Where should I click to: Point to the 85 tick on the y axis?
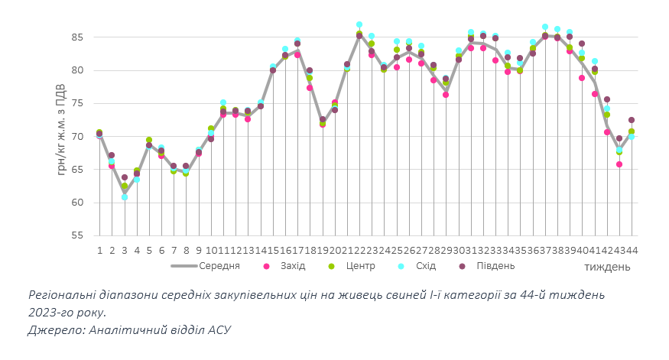click(x=77, y=37)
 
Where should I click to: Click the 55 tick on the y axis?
click(x=77, y=235)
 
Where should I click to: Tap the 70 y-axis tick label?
click(x=77, y=137)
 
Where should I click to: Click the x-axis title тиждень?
click(x=608, y=267)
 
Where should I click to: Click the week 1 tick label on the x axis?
click(x=99, y=250)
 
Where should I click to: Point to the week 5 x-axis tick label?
click(x=149, y=250)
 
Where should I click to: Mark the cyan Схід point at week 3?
click(x=125, y=197)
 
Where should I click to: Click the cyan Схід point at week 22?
click(x=359, y=25)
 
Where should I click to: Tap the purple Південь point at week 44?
click(x=632, y=120)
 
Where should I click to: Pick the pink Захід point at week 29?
click(x=446, y=95)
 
